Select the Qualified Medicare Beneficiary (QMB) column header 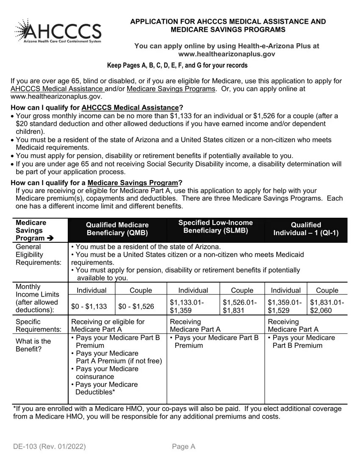pos(117,229)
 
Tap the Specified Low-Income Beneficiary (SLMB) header pos(215,227)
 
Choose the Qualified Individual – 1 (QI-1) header pos(306,229)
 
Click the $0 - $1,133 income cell pos(89,306)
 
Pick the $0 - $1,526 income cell pos(136,306)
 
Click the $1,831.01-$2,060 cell pos(327,306)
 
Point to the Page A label pos(183,447)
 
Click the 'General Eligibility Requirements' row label pos(38,255)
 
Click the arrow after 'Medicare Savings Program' pos(50,238)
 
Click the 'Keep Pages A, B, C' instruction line pos(177,65)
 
